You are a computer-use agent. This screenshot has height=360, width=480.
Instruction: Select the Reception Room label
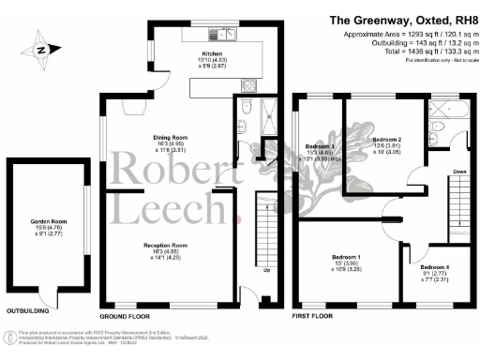coord(160,245)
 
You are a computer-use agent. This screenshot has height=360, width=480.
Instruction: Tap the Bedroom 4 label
coord(434,267)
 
